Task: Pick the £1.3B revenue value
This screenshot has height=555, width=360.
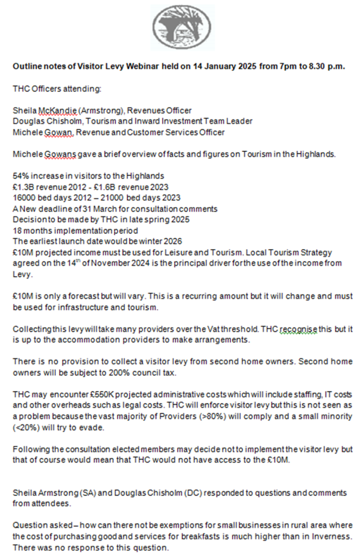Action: [x=23, y=188]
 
